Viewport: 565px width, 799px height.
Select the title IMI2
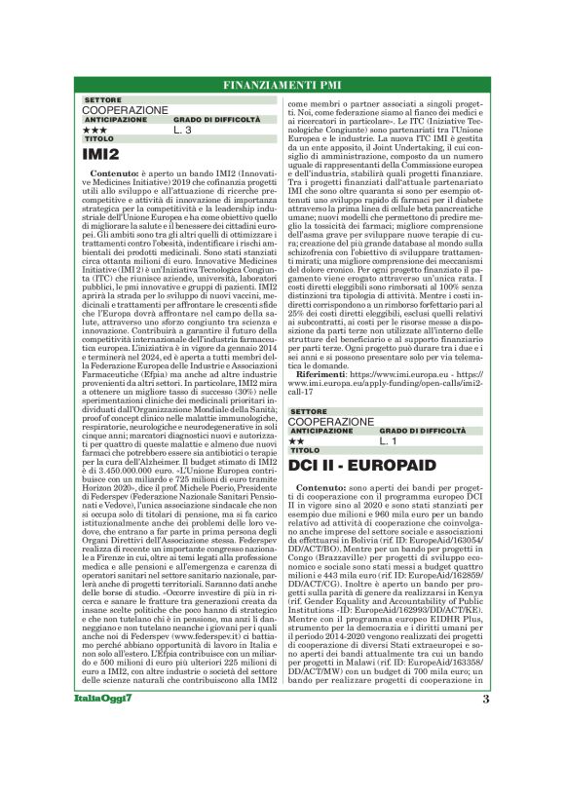click(x=101, y=153)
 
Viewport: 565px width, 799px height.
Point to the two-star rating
click(x=296, y=440)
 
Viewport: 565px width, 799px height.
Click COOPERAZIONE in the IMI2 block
click(x=125, y=110)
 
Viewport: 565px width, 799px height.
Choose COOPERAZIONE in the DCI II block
click(x=330, y=421)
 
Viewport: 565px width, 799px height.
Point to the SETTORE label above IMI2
click(x=102, y=100)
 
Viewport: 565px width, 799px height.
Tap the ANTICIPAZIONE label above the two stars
click(x=314, y=431)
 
